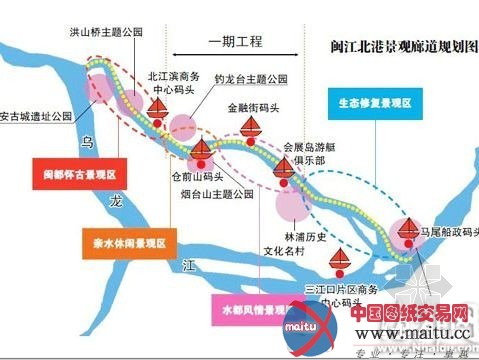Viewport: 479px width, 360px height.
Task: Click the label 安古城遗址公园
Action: point(36,116)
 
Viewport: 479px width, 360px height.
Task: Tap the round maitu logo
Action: point(303,327)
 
